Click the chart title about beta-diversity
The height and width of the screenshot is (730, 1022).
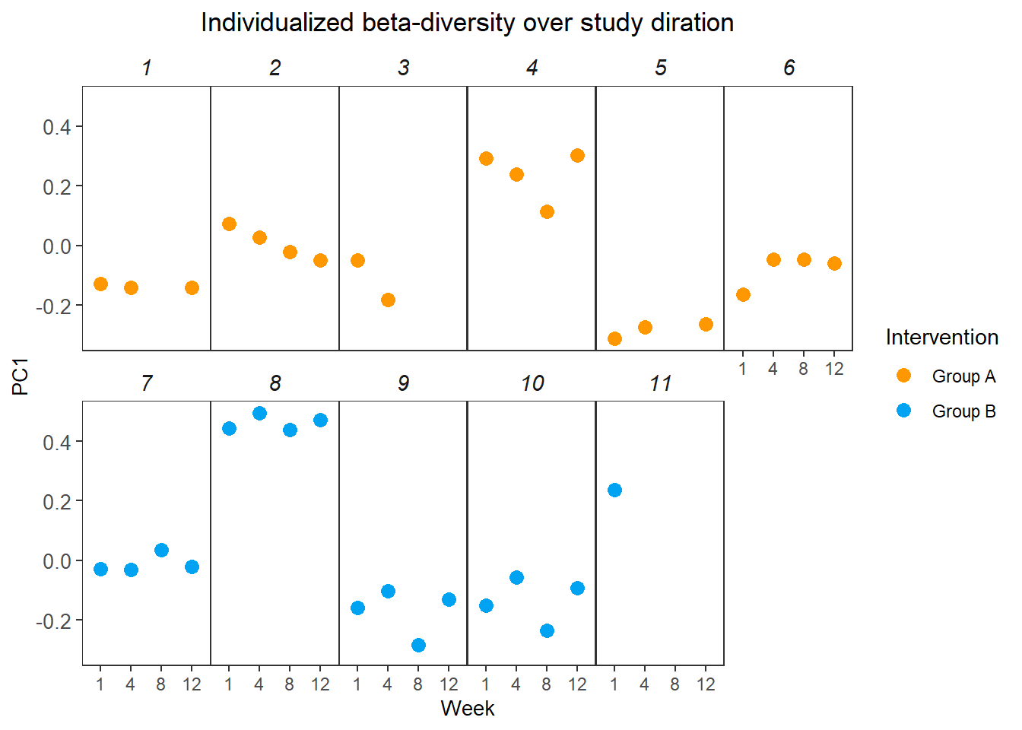pyautogui.click(x=467, y=23)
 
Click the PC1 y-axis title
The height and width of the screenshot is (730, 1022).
pyautogui.click(x=21, y=376)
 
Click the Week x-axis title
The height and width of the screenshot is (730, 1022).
pyautogui.click(x=467, y=708)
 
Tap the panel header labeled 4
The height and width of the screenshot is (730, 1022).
pyautogui.click(x=532, y=68)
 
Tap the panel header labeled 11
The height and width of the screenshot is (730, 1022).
pyautogui.click(x=660, y=383)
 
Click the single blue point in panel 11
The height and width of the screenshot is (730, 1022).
pyautogui.click(x=614, y=490)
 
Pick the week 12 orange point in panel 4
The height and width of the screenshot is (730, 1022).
pyautogui.click(x=577, y=155)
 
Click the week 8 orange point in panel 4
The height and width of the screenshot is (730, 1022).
pyautogui.click(x=547, y=211)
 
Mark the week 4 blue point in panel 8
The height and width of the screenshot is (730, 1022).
pyautogui.click(x=259, y=413)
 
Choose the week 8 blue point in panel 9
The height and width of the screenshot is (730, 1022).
pyautogui.click(x=418, y=645)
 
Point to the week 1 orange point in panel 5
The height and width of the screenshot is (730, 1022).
pyautogui.click(x=614, y=338)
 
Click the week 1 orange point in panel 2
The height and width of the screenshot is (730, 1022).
pyautogui.click(x=229, y=224)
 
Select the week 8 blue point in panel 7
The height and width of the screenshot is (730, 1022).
pyautogui.click(x=161, y=550)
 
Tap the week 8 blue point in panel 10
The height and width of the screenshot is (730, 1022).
pyautogui.click(x=547, y=630)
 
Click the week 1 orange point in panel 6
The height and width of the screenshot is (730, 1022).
pyautogui.click(x=743, y=294)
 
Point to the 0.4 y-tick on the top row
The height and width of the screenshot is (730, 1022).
pyautogui.click(x=56, y=127)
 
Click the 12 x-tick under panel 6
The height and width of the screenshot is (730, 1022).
pyautogui.click(x=834, y=369)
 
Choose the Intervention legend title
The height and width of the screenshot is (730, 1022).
pyautogui.click(x=941, y=338)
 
